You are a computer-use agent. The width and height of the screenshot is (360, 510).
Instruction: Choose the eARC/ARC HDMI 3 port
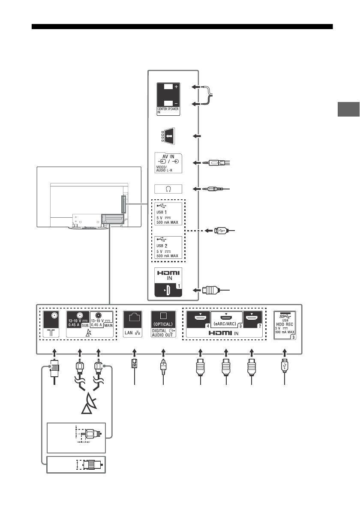pyautogui.click(x=226, y=318)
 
